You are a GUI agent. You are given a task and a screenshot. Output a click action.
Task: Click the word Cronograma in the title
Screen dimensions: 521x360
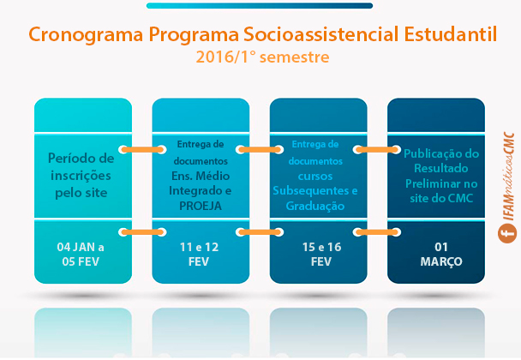(x=86, y=35)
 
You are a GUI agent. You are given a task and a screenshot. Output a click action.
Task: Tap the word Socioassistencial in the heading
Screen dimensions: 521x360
(x=321, y=34)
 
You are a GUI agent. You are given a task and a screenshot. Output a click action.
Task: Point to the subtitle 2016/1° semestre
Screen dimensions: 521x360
(x=262, y=57)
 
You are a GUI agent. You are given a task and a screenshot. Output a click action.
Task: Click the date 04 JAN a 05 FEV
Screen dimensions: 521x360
(x=81, y=255)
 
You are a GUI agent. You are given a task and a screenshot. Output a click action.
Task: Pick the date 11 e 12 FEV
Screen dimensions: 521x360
(x=199, y=255)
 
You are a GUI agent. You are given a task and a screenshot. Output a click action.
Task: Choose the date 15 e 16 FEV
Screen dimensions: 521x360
(x=321, y=255)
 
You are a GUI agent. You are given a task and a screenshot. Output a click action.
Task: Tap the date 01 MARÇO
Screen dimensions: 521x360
(x=441, y=255)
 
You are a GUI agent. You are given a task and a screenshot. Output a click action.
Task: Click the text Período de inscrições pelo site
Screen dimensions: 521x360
(x=81, y=175)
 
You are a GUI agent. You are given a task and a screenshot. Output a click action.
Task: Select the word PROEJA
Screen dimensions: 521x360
(x=201, y=206)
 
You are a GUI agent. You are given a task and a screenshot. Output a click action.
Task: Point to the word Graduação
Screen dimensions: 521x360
(x=315, y=206)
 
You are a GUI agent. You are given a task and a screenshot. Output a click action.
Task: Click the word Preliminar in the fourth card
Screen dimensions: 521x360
(x=441, y=183)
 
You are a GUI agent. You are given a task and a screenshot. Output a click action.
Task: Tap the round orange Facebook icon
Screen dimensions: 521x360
(x=507, y=233)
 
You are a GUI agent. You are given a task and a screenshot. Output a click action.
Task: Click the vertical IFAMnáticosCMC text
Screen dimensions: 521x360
(x=509, y=177)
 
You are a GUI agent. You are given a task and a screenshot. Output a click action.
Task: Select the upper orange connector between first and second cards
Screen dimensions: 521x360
(x=142, y=150)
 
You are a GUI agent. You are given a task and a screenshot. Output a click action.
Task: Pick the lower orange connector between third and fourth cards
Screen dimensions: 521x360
(x=377, y=232)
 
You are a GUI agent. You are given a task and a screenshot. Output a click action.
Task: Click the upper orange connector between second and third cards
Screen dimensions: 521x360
(x=260, y=150)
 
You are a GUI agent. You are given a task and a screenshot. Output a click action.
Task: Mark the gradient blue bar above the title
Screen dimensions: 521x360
(x=260, y=6)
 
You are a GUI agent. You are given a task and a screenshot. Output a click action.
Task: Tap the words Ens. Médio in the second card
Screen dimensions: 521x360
(x=201, y=176)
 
